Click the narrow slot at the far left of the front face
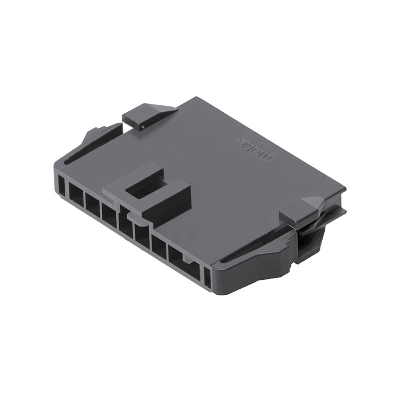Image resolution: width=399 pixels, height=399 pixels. (x=61, y=186)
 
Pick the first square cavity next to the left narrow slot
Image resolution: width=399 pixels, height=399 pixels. (x=76, y=194)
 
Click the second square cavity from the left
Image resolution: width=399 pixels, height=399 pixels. (x=93, y=202)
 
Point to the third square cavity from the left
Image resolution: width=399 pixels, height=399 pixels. (x=109, y=213)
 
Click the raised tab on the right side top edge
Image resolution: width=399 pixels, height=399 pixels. (x=302, y=209)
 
